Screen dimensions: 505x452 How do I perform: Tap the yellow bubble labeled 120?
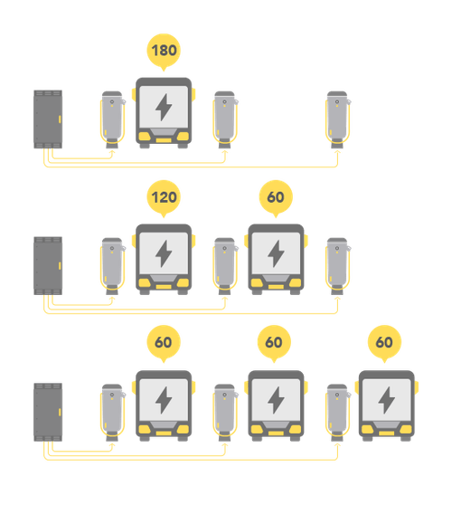pos(164,196)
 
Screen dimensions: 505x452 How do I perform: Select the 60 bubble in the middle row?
pos(275,196)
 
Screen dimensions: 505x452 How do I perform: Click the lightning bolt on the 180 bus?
pos(164,108)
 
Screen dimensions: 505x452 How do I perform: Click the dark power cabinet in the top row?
pos(48,119)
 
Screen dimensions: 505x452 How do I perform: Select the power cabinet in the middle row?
pos(48,265)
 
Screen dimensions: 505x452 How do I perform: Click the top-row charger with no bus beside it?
pos(337,117)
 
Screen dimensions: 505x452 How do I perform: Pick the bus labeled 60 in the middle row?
pos(275,259)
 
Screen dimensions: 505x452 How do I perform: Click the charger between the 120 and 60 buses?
pos(224,263)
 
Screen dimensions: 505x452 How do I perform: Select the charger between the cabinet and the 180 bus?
pos(111,117)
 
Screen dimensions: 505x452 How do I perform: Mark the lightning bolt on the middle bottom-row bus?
pos(275,399)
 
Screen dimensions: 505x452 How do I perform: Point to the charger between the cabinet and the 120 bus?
pos(111,263)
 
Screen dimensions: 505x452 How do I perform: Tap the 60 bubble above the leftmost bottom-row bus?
pos(164,343)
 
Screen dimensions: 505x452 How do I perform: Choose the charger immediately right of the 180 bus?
pos(224,117)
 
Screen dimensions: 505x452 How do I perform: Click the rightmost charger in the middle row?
pos(337,263)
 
